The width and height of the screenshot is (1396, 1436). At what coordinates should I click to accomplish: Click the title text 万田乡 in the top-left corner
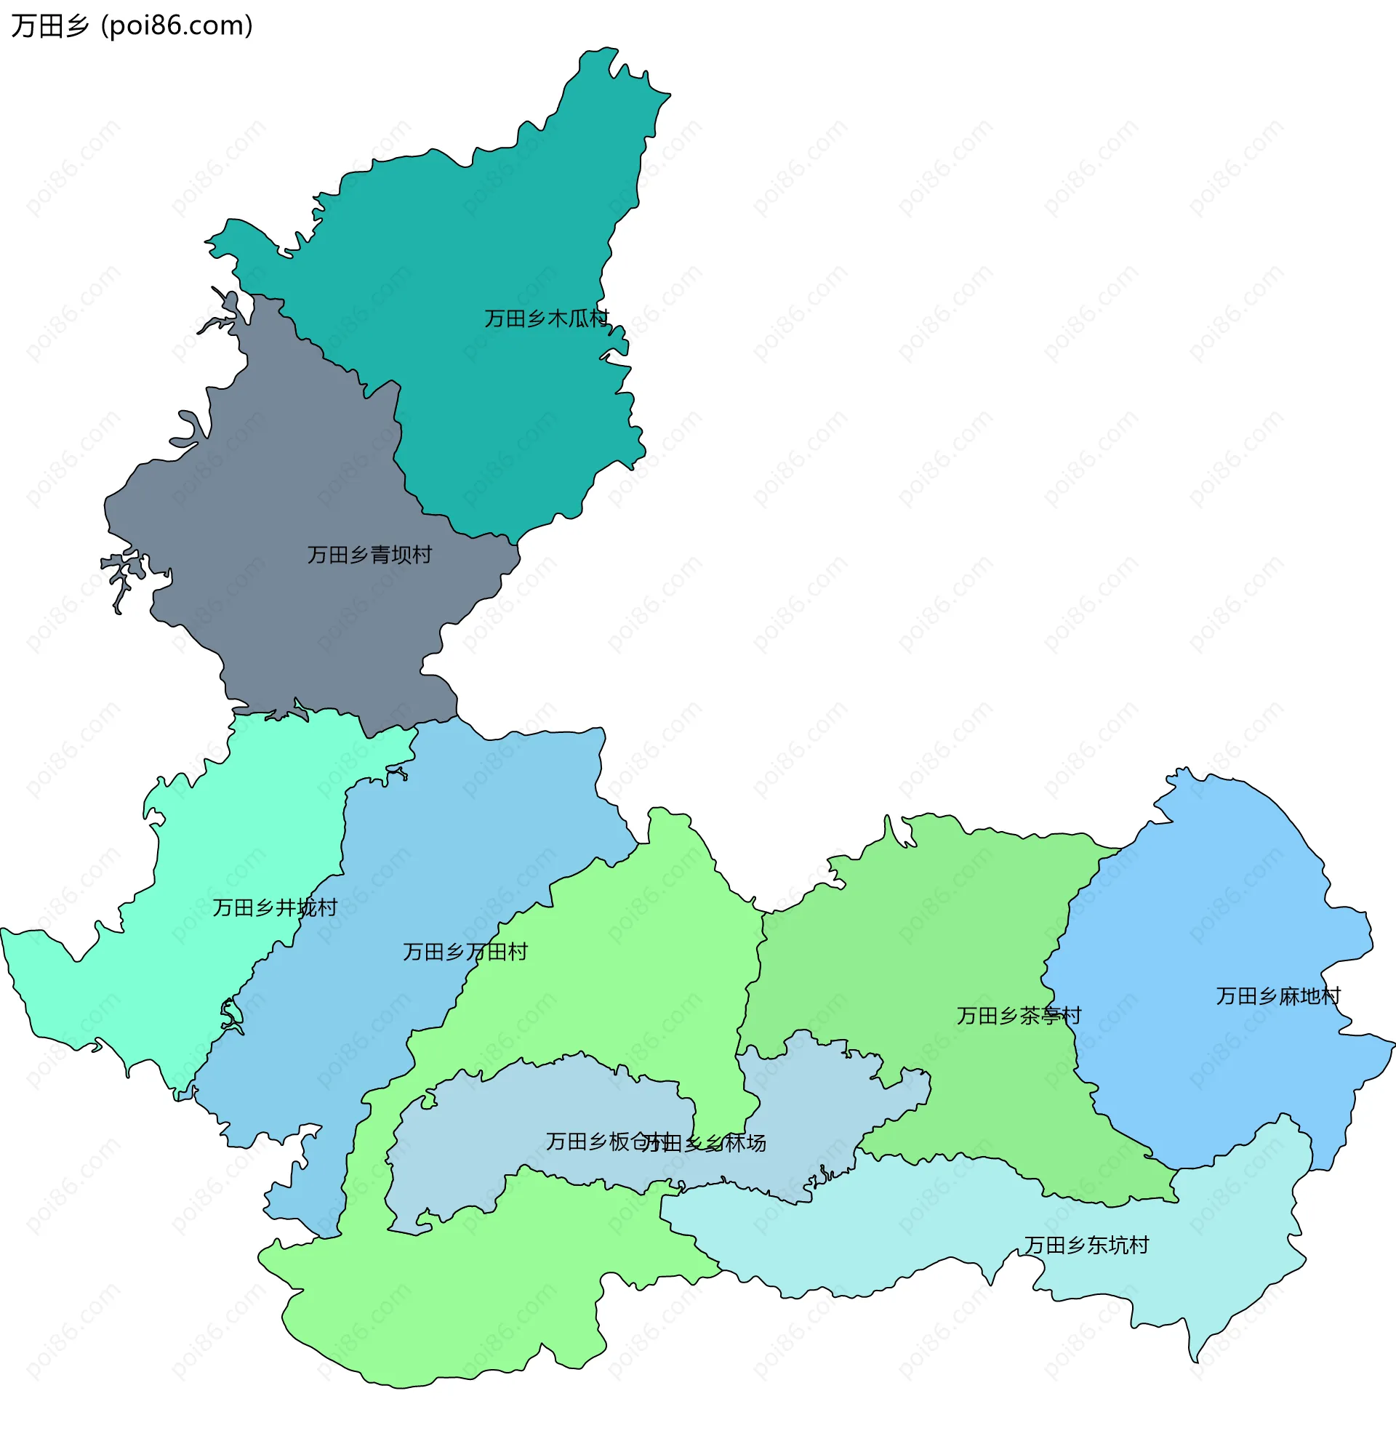pyautogui.click(x=50, y=26)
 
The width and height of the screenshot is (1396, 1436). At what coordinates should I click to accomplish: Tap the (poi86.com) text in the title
pyautogui.click(x=177, y=26)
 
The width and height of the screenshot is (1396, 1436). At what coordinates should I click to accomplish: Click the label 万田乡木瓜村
pyautogui.click(x=546, y=319)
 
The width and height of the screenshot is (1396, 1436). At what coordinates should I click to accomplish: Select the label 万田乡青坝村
pyautogui.click(x=369, y=555)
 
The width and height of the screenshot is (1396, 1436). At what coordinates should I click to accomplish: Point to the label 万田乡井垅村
pyautogui.click(x=275, y=908)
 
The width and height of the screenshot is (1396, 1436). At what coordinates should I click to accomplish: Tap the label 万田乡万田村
pyautogui.click(x=465, y=952)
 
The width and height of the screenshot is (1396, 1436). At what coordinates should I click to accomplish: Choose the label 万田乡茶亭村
pyautogui.click(x=1019, y=1016)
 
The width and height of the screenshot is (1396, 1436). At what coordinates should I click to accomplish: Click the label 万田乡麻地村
pyautogui.click(x=1278, y=996)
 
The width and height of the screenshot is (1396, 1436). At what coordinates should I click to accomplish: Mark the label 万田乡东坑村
pyautogui.click(x=1086, y=1246)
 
